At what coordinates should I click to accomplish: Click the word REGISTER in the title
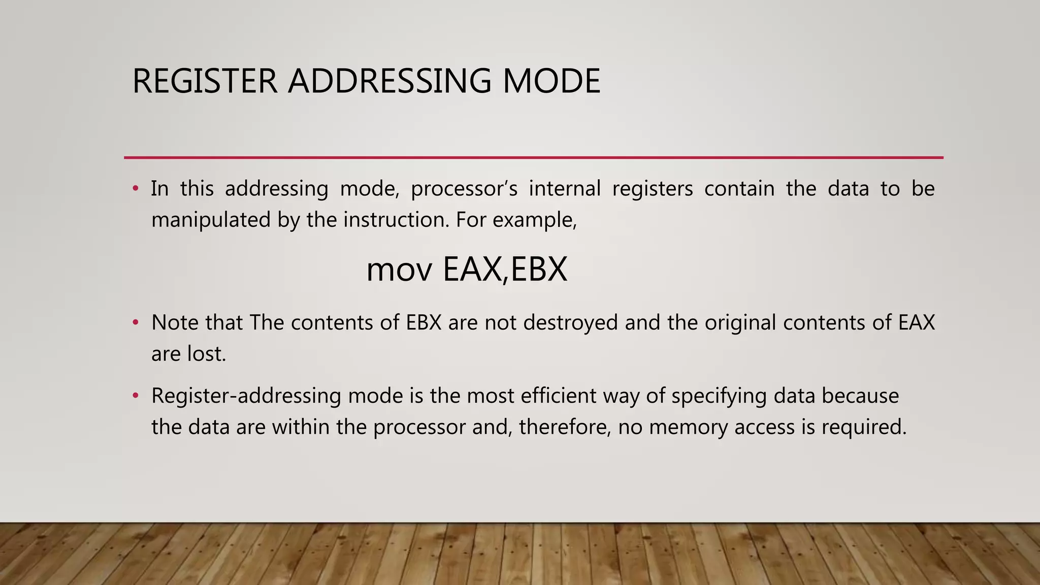point(205,81)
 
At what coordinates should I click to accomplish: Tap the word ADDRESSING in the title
point(389,81)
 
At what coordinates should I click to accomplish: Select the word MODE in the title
point(551,81)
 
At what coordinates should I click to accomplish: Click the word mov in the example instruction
point(399,270)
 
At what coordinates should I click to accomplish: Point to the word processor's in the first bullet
point(464,189)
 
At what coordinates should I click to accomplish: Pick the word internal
point(565,189)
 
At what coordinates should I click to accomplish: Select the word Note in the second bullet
point(175,323)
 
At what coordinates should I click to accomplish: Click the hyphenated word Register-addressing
point(246,396)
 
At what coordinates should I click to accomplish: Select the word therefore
point(564,427)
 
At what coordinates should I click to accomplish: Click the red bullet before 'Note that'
point(135,322)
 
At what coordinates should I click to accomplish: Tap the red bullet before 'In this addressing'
point(135,188)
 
